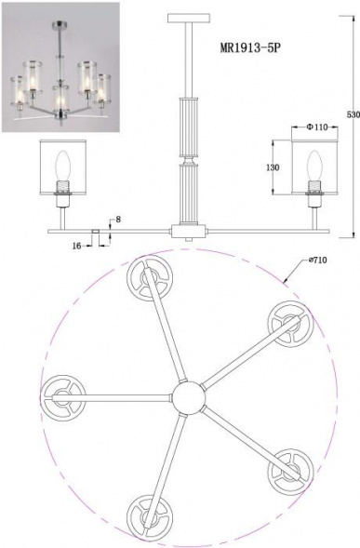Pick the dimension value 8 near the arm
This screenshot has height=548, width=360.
pos(114,220)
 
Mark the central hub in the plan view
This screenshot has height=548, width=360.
pos(187,398)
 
